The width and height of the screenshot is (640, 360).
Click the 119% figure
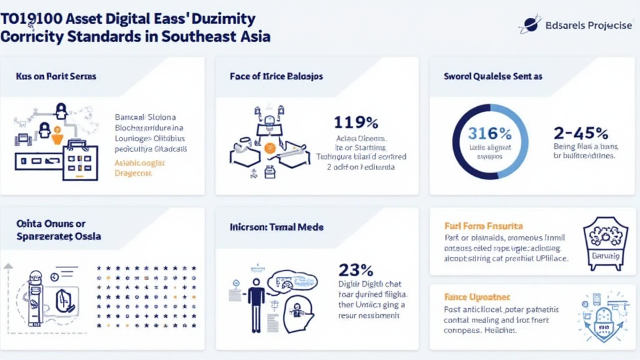tap(356, 122)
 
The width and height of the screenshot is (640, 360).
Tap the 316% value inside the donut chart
tap(491, 133)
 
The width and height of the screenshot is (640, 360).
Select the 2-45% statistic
tap(581, 133)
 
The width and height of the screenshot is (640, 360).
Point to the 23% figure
tap(356, 271)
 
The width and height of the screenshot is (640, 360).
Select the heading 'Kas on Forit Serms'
tap(56, 76)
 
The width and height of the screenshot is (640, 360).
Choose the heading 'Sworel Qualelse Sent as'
tap(493, 76)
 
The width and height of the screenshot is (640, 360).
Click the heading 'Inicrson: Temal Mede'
tap(276, 227)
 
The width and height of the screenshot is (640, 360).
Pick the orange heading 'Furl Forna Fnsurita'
tap(483, 226)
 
